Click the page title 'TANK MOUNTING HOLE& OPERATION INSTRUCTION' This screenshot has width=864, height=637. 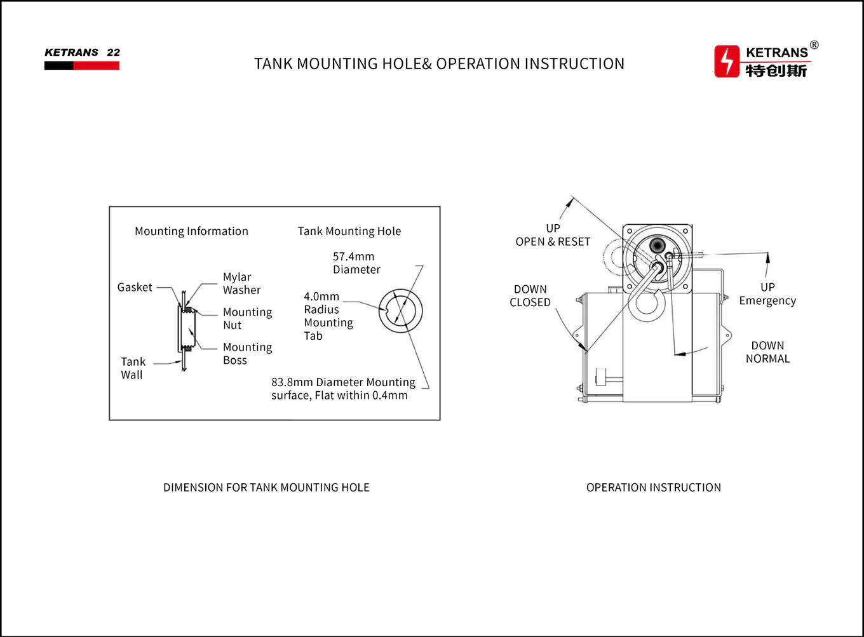(x=439, y=64)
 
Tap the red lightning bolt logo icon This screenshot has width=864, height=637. (x=727, y=62)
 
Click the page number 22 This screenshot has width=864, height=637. (x=113, y=53)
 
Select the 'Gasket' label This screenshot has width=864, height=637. (x=135, y=288)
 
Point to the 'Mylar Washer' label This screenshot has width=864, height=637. (x=241, y=284)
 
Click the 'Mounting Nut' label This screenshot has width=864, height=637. (x=247, y=319)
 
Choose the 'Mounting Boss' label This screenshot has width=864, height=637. (x=247, y=354)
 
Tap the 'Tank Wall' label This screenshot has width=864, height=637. (x=133, y=368)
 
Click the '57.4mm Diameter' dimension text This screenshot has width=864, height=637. (x=356, y=263)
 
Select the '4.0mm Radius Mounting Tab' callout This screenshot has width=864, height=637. (x=328, y=316)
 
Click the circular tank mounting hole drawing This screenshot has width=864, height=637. (x=401, y=311)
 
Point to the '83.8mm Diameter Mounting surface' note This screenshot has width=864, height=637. (x=342, y=389)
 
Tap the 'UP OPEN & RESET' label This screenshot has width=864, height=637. (x=553, y=235)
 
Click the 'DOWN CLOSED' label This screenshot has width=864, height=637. (x=530, y=296)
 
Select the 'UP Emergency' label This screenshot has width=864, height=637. (x=767, y=294)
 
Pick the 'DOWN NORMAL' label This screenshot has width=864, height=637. (x=767, y=352)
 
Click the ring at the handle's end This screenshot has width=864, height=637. (x=647, y=302)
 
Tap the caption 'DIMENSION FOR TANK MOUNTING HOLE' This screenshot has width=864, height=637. (x=266, y=488)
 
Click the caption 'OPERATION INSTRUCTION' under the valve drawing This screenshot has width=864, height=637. (x=653, y=488)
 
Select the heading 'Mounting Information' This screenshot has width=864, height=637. (x=191, y=231)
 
